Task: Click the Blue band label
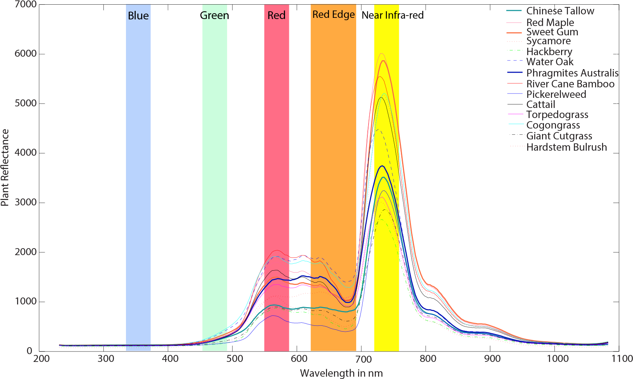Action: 138,16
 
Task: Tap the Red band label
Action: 276,16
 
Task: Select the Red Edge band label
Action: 333,15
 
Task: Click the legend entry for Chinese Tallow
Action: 560,11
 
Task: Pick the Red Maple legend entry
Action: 550,23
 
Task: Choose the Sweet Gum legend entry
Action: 552,32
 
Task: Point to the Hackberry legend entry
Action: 549,52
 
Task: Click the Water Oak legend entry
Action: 550,62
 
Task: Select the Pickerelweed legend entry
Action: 556,94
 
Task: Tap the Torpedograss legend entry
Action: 557,115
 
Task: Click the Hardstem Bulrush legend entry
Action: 566,147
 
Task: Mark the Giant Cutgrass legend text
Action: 559,136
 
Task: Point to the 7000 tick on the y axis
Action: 26,5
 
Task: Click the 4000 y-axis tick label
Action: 26,153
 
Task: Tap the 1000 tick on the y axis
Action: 26,301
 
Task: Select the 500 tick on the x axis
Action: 234,358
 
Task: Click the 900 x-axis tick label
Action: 492,358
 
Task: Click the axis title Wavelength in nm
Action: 341,373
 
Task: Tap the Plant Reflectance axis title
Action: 5,167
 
